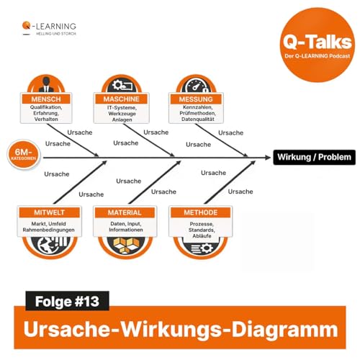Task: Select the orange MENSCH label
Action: tap(51, 99)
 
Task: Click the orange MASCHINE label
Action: tap(122, 99)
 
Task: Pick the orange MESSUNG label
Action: tap(194, 99)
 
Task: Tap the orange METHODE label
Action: tap(196, 213)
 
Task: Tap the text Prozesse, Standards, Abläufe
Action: tap(196, 230)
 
